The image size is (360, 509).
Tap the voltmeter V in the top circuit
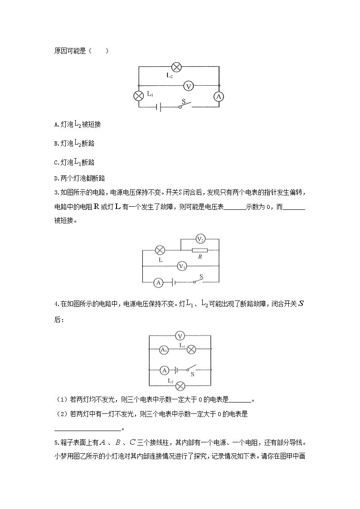click(190, 85)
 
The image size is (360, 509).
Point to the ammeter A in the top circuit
click(219, 97)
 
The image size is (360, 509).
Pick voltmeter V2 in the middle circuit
click(200, 238)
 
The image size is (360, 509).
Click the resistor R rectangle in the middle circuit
click(199, 250)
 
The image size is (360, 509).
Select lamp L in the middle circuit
click(160, 250)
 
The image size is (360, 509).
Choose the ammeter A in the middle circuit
click(158, 282)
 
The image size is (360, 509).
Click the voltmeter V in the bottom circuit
click(180, 336)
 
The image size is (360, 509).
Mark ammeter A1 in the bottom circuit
click(164, 349)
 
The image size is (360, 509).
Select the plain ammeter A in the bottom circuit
click(165, 370)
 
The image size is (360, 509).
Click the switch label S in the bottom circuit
click(192, 375)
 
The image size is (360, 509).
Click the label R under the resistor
click(200, 257)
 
